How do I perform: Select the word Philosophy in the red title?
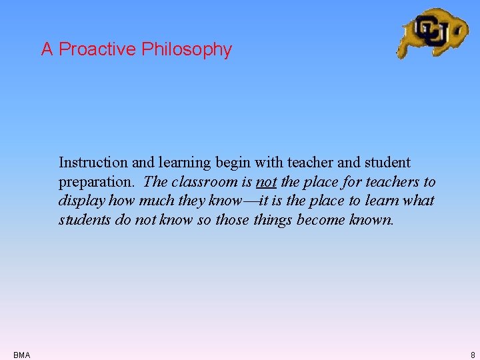(x=187, y=49)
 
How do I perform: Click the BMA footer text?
(x=21, y=355)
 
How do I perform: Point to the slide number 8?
(x=472, y=355)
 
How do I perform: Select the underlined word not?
(x=266, y=181)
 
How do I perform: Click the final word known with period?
(x=372, y=219)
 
